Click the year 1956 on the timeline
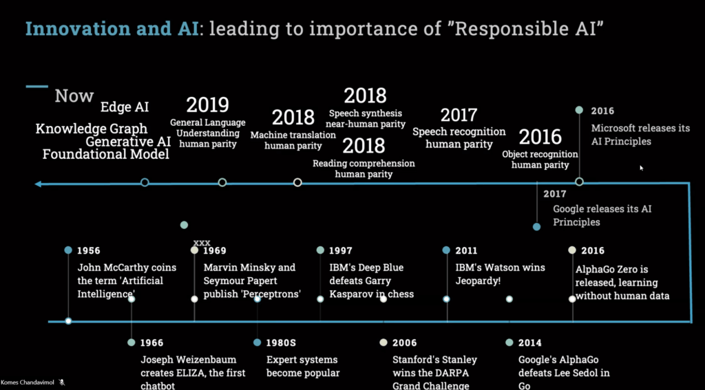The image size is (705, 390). click(x=89, y=250)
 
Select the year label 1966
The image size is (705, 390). click(x=151, y=343)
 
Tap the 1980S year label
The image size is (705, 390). click(x=281, y=343)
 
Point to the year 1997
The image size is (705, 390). click(x=340, y=250)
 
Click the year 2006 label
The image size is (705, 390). click(x=404, y=343)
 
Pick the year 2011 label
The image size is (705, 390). click(x=466, y=250)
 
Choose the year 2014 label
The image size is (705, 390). click(x=529, y=343)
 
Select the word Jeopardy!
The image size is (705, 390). click(x=478, y=281)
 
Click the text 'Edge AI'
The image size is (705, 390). click(x=125, y=107)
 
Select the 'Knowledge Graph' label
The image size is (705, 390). click(x=92, y=129)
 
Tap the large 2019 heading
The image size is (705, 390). click(x=208, y=105)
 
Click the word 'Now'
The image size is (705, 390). click(x=74, y=96)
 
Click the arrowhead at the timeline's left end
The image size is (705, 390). click(x=39, y=184)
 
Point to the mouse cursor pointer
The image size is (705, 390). click(x=642, y=168)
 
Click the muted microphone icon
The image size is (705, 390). click(x=62, y=382)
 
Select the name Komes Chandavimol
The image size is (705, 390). click(x=28, y=382)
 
